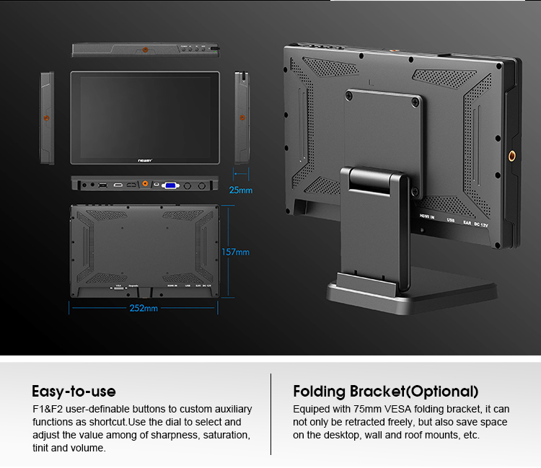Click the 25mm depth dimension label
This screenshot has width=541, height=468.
coord(241,190)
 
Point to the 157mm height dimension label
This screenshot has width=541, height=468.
coord(235,252)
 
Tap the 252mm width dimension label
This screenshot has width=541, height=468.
coord(143,309)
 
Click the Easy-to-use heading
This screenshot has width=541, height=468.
coord(74,392)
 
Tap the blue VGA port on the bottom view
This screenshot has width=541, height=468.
coord(171,185)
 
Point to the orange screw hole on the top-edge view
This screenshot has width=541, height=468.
coord(146,50)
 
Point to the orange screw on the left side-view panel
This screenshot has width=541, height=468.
coord(47,116)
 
